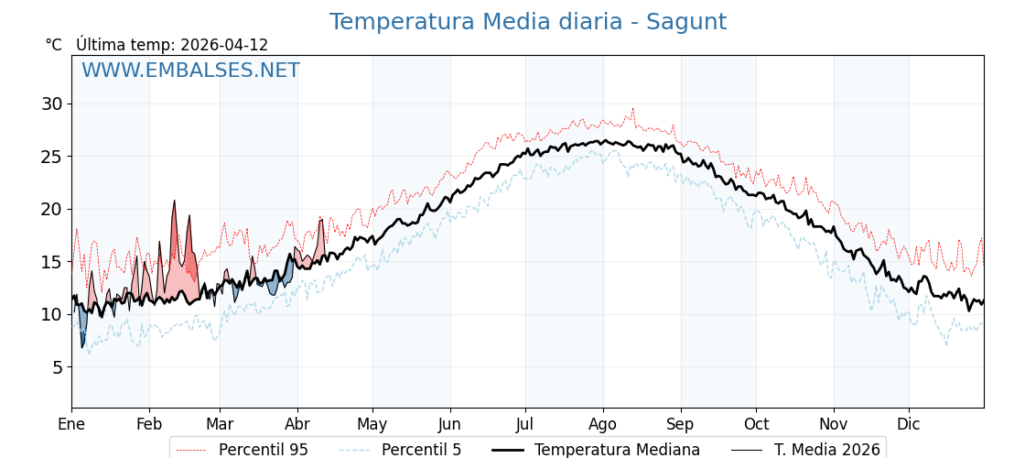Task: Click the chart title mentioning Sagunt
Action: [528, 22]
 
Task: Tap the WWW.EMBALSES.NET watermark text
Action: [190, 71]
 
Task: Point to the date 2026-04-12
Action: [224, 45]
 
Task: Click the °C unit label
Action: [53, 45]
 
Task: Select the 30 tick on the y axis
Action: [51, 104]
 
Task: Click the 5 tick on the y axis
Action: [57, 367]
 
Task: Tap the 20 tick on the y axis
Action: [51, 209]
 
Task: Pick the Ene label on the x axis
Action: [71, 424]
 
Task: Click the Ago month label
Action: [603, 424]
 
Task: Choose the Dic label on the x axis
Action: [909, 424]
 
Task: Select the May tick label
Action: [372, 424]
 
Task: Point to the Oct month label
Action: [756, 424]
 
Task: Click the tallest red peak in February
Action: [174, 202]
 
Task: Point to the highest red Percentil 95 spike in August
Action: [631, 109]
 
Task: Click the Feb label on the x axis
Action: [149, 424]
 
